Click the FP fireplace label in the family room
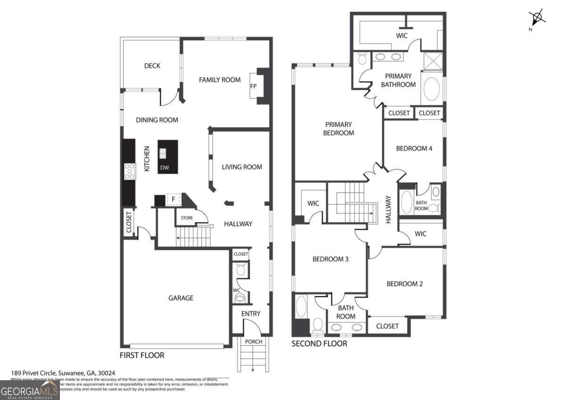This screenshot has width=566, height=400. (253, 86)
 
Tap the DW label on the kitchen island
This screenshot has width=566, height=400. (164, 167)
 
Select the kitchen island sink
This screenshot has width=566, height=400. (163, 153)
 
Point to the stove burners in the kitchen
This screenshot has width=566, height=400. (129, 171)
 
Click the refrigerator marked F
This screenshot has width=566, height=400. (173, 200)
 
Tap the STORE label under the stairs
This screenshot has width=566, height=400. (187, 218)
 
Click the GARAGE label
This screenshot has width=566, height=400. (181, 298)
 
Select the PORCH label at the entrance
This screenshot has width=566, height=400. (253, 342)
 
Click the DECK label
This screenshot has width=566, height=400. (152, 66)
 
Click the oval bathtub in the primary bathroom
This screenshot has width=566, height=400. (431, 89)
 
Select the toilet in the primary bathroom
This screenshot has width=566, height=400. (362, 58)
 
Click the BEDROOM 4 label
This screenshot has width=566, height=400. (414, 149)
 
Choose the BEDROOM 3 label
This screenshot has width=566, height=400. (330, 259)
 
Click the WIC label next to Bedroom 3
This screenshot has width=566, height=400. (313, 204)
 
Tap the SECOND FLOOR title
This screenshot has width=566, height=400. (319, 344)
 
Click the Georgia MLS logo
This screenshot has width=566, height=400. (30, 390)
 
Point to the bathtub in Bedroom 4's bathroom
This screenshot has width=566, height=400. (407, 202)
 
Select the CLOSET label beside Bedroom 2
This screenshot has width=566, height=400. (387, 326)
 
